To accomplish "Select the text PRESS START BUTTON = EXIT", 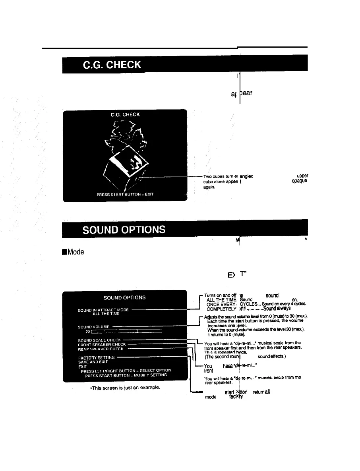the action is pos(125,194).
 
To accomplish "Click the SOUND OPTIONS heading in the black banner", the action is pos(124,230).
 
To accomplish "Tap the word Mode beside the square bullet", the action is pos(72,252).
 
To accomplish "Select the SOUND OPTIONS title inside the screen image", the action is pos(124,297).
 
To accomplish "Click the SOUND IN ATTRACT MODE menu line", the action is pos(103,310).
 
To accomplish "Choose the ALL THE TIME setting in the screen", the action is pos(106,314).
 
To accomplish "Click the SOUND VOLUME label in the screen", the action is pos(94,327).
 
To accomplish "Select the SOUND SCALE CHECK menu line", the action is pos(99,340).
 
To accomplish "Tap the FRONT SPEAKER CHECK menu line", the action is pos(102,345).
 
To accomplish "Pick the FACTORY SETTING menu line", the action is pos(96,357).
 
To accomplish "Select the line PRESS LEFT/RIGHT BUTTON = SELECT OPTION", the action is pos(126,371).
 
